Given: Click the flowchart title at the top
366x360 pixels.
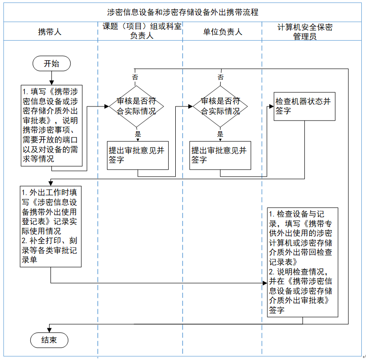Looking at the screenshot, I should pyautogui.click(x=183, y=12).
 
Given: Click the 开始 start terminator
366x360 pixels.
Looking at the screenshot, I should pyautogui.click(x=51, y=64).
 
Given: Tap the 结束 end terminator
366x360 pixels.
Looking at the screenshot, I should pyautogui.click(x=49, y=340).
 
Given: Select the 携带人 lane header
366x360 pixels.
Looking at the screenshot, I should pyautogui.click(x=50, y=32).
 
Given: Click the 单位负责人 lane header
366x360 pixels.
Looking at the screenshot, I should pyautogui.click(x=222, y=32).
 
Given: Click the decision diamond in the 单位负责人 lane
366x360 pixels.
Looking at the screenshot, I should pyautogui.click(x=220, y=106).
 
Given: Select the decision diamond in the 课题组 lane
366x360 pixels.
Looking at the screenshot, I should pyautogui.click(x=136, y=106).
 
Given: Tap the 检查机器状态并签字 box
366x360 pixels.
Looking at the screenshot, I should pyautogui.click(x=304, y=106).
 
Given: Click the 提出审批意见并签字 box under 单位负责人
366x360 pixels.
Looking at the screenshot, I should pyautogui.click(x=220, y=155).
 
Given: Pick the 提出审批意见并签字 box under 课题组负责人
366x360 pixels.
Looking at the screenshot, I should pyautogui.click(x=138, y=155).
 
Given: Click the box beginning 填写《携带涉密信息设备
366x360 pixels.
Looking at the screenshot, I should pyautogui.click(x=51, y=125).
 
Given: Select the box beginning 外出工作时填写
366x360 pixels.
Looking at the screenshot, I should pyautogui.click(x=51, y=226).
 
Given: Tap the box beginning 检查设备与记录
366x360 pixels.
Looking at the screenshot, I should pyautogui.click(x=302, y=262).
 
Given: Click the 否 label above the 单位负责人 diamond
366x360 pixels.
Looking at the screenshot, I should pyautogui.click(x=220, y=77).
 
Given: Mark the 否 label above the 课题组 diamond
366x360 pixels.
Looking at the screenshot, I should pyautogui.click(x=135, y=77).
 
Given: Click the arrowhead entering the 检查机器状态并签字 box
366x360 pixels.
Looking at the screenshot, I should pyautogui.click(x=272, y=106).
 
